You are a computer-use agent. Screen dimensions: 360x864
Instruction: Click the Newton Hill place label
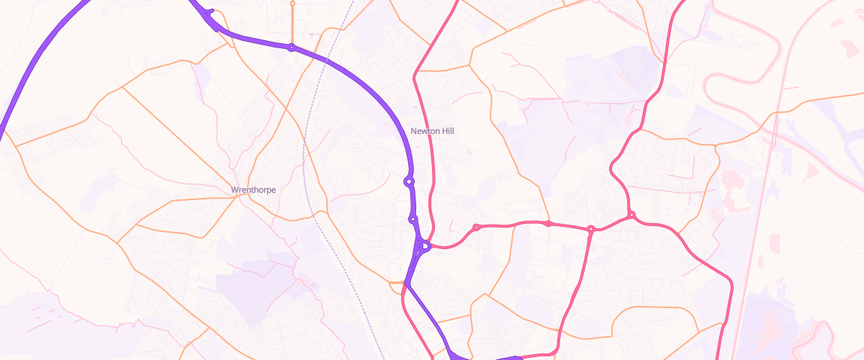coord(432,131)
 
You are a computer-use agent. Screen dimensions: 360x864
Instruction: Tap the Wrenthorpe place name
coord(253,190)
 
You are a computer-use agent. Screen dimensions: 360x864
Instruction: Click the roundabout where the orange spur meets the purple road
coord(291,48)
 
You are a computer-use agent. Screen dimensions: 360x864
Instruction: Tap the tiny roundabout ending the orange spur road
coord(292,3)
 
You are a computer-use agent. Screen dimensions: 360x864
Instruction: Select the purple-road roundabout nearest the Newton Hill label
coord(409,181)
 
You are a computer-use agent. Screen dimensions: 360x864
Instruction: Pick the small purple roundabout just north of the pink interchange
coord(413,219)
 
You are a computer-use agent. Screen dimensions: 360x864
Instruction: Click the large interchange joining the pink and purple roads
coord(423,247)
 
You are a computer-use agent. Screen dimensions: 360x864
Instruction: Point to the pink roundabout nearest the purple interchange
coord(476,228)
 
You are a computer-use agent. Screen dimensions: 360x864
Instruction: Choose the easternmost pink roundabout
coord(631,215)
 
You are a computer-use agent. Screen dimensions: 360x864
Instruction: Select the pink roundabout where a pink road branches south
coord(590,230)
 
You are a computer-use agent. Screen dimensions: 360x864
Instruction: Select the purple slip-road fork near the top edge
coord(210,13)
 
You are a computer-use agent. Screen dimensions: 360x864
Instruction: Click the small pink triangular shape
coord(812,171)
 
